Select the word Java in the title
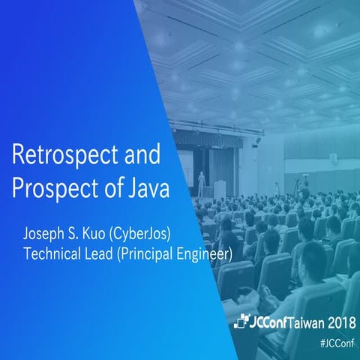(x=148, y=187)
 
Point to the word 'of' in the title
(x=109, y=187)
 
